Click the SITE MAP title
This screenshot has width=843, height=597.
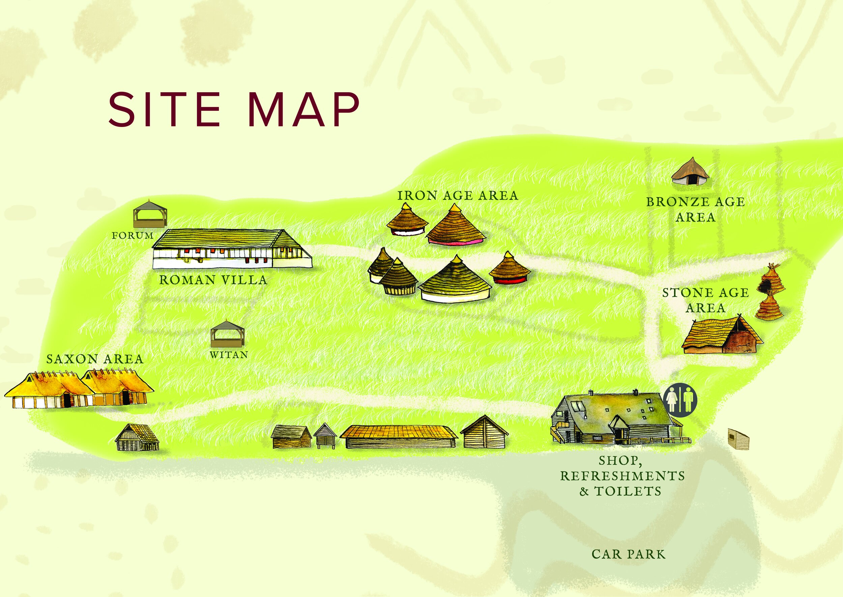pyautogui.click(x=234, y=109)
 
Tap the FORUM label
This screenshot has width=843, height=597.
pyautogui.click(x=133, y=236)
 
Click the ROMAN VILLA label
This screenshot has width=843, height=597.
pyautogui.click(x=213, y=280)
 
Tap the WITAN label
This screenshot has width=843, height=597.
pyautogui.click(x=229, y=355)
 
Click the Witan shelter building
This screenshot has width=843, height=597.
pyautogui.click(x=228, y=334)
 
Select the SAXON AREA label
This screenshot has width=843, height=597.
pyautogui.click(x=95, y=359)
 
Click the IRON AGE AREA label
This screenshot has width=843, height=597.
pyautogui.click(x=458, y=196)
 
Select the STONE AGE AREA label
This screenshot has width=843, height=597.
pyautogui.click(x=705, y=300)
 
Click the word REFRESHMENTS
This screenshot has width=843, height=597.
pyautogui.click(x=622, y=476)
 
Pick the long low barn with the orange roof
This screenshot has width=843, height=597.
pyautogui.click(x=399, y=437)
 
